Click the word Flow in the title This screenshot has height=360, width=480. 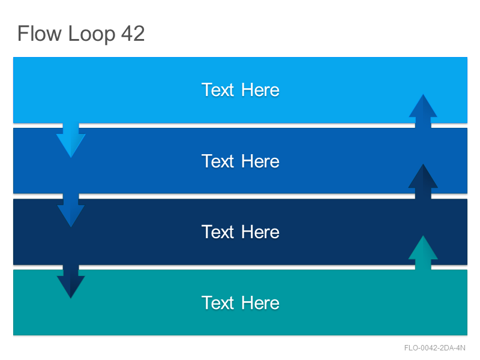39,34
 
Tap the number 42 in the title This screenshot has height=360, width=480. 133,34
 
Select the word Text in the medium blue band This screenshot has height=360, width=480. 218,161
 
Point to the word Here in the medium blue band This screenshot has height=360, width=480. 260,161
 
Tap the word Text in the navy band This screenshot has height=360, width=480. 218,232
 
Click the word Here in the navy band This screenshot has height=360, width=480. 260,232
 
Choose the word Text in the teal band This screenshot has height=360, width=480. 218,303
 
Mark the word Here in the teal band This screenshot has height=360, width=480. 260,303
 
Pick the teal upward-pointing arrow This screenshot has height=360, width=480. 423,253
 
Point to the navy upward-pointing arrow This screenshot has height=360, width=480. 423,182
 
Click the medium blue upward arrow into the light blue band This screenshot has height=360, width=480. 423,111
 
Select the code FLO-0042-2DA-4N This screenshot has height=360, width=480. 434,348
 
